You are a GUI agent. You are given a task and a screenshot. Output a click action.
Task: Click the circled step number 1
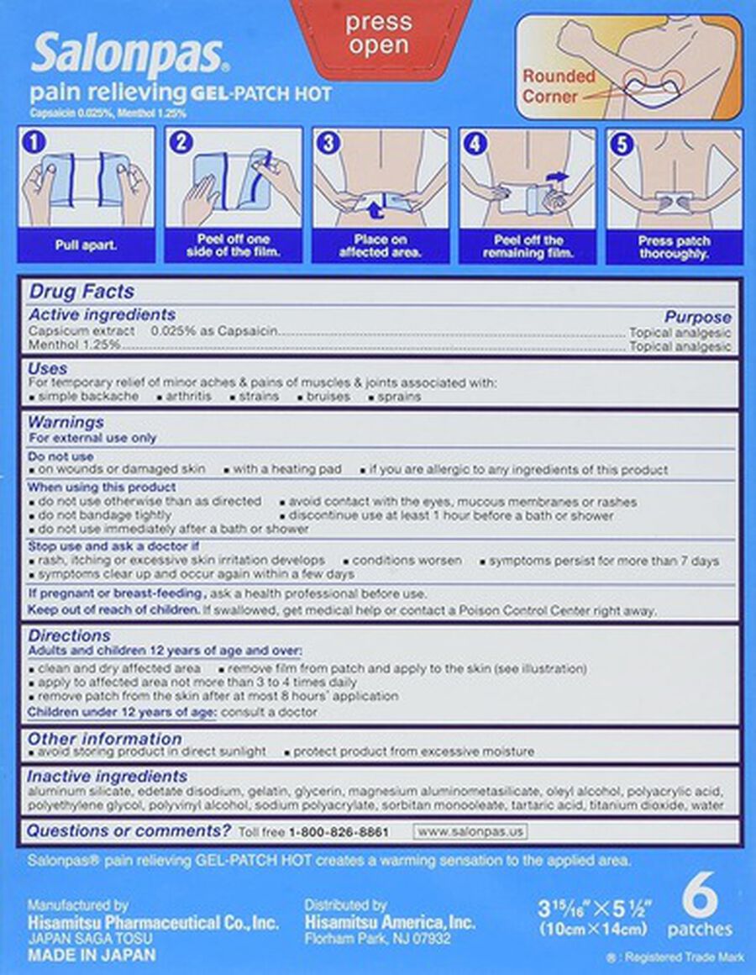[34, 143]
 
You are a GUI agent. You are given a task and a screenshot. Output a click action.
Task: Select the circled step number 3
[328, 143]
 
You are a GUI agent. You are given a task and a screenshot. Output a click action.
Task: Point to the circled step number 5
[622, 143]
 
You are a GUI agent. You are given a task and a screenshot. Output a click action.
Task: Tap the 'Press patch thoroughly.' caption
[674, 245]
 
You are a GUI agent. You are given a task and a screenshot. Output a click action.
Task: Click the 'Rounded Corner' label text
[559, 86]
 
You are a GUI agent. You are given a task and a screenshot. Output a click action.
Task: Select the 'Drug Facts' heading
[81, 292]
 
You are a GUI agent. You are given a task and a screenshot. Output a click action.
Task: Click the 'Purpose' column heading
[697, 318]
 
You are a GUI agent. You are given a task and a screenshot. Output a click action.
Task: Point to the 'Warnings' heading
[66, 422]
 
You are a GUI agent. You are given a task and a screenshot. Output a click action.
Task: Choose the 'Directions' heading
[69, 635]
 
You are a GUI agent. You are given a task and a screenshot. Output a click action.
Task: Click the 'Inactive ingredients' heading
[108, 777]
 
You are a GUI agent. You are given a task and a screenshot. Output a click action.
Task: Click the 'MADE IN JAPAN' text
[91, 955]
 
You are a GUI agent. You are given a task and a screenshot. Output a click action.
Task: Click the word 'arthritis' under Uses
[189, 395]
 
